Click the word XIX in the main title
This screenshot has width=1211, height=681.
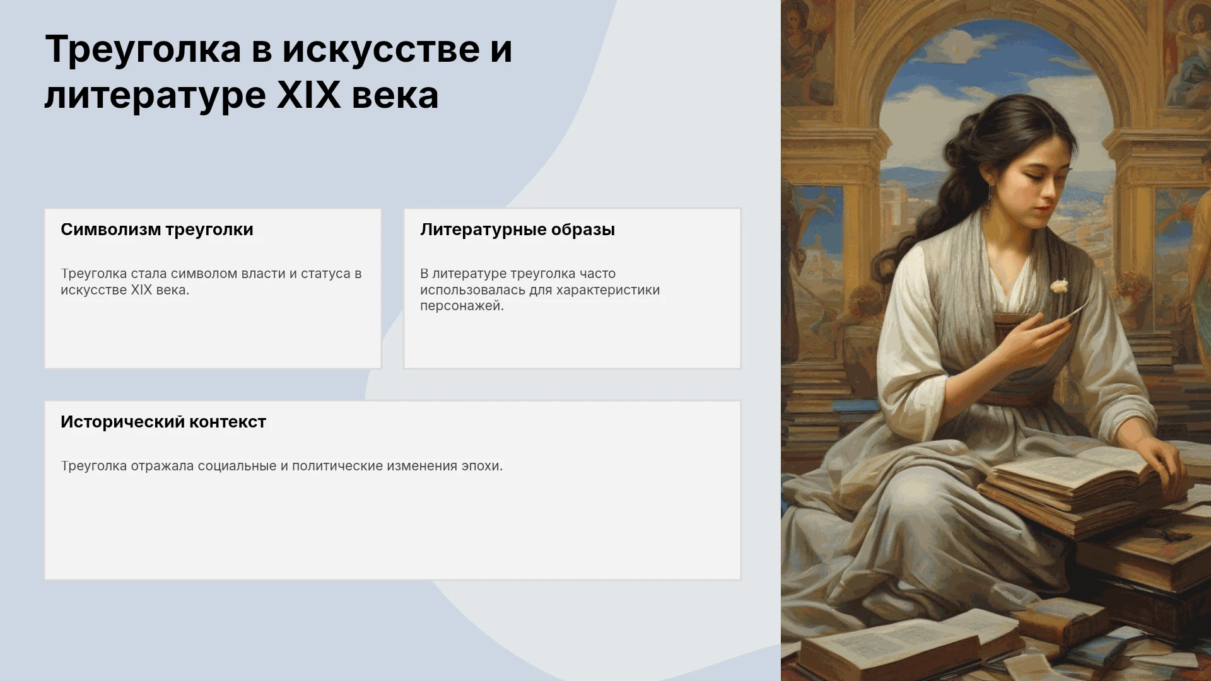pos(309,95)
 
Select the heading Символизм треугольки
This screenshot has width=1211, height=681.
pos(157,230)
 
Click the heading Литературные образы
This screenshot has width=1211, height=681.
pos(517,230)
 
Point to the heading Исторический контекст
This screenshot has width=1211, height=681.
pos(163,422)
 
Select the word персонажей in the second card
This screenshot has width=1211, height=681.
pos(462,306)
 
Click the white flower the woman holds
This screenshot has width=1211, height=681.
pos(1059,286)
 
